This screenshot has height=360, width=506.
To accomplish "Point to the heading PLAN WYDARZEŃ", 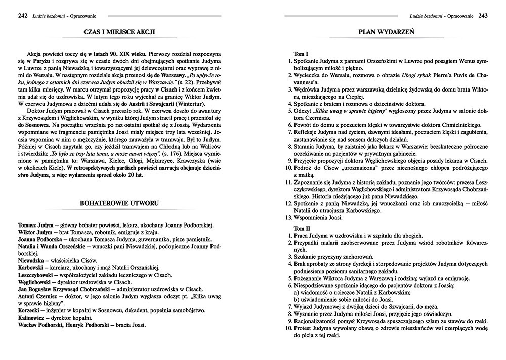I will (x=387, y=32).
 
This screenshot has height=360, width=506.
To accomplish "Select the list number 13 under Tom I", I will (x=289, y=218).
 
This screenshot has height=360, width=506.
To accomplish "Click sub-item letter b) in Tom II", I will (x=297, y=299).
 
